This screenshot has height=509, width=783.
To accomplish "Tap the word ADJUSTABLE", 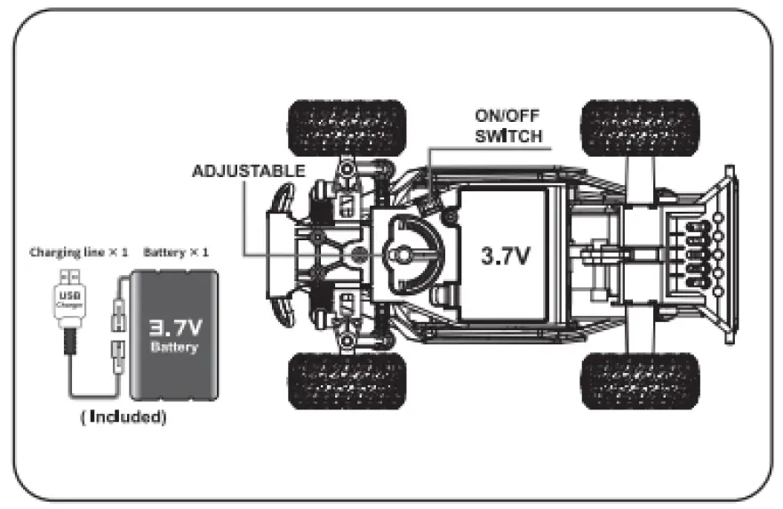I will pos(249,171).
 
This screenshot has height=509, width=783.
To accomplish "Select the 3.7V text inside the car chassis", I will pos(506,255).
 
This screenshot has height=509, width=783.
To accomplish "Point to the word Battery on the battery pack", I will pos(174,348).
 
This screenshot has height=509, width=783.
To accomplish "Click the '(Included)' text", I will pos(123,417).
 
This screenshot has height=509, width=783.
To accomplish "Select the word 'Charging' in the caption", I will pos(56,253).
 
